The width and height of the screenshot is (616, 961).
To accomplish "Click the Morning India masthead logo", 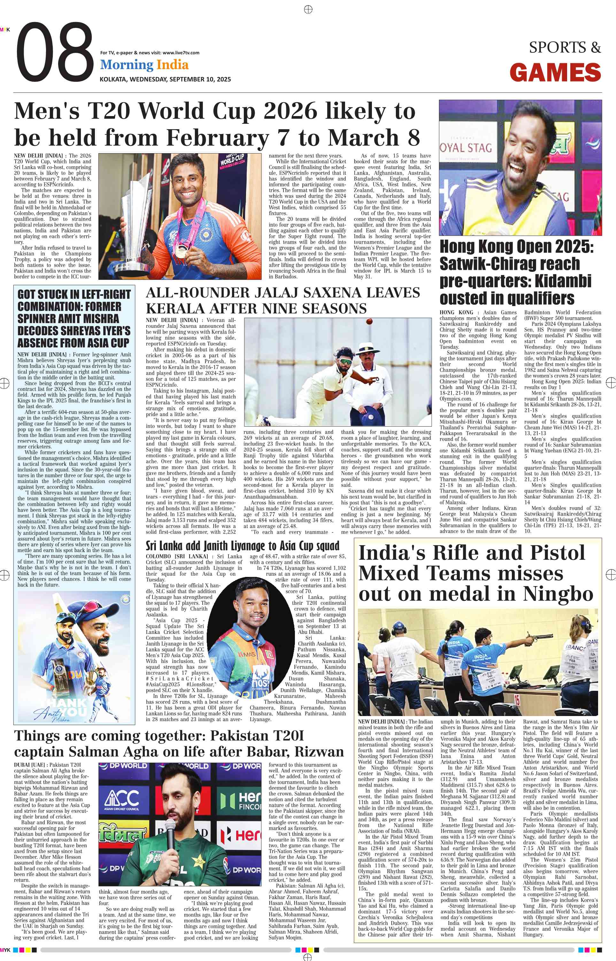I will [144, 65].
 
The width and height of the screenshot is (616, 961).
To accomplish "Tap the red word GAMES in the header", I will [555, 73].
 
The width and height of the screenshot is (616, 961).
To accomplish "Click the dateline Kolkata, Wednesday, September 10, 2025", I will [165, 79].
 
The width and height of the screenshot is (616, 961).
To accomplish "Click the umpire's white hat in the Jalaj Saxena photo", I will [368, 347].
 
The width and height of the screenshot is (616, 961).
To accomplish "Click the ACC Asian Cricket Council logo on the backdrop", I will [122, 801].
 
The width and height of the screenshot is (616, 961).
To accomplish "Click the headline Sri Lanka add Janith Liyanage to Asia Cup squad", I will [243, 546].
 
